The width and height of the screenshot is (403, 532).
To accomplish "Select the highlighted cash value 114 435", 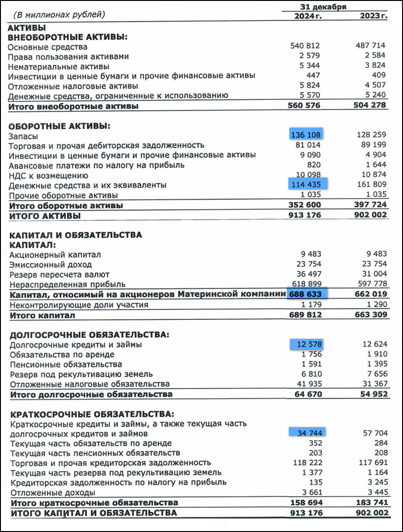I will (306, 185).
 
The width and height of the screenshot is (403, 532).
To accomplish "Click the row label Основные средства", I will (48, 47).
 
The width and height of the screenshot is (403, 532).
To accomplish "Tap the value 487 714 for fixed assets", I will (370, 46).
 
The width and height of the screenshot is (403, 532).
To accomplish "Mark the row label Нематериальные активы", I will (58, 67).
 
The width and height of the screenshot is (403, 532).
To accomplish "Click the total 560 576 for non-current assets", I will (304, 106).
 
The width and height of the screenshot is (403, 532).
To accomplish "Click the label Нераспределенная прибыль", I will (67, 284).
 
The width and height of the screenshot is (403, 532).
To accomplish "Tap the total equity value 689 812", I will (304, 315).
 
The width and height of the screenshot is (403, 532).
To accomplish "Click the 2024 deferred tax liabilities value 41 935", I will (310, 384).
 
